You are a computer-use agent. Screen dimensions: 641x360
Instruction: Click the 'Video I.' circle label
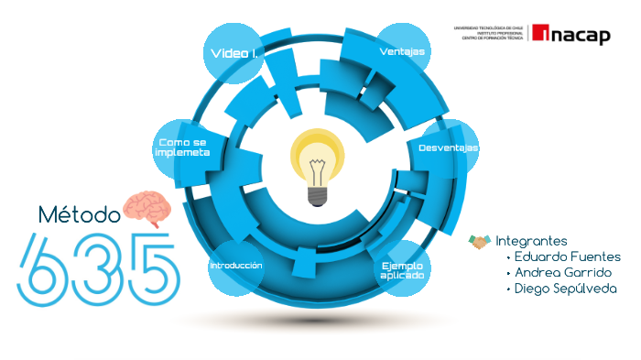pyautogui.click(x=234, y=54)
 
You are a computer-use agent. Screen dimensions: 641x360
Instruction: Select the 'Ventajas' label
pyautogui.click(x=402, y=52)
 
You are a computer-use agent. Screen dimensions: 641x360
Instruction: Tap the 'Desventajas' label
pyautogui.click(x=449, y=147)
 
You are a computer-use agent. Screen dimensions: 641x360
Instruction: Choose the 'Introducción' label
pyautogui.click(x=236, y=266)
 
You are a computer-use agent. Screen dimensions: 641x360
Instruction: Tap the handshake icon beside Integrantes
pyautogui.click(x=480, y=241)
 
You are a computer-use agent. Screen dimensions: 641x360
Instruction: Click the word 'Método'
pyautogui.click(x=80, y=215)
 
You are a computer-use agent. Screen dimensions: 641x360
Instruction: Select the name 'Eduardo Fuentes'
pyautogui.click(x=568, y=256)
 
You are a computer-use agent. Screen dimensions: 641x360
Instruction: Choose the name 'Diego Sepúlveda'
pyautogui.click(x=565, y=289)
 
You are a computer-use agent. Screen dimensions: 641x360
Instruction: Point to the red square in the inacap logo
pyautogui.click(x=541, y=34)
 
